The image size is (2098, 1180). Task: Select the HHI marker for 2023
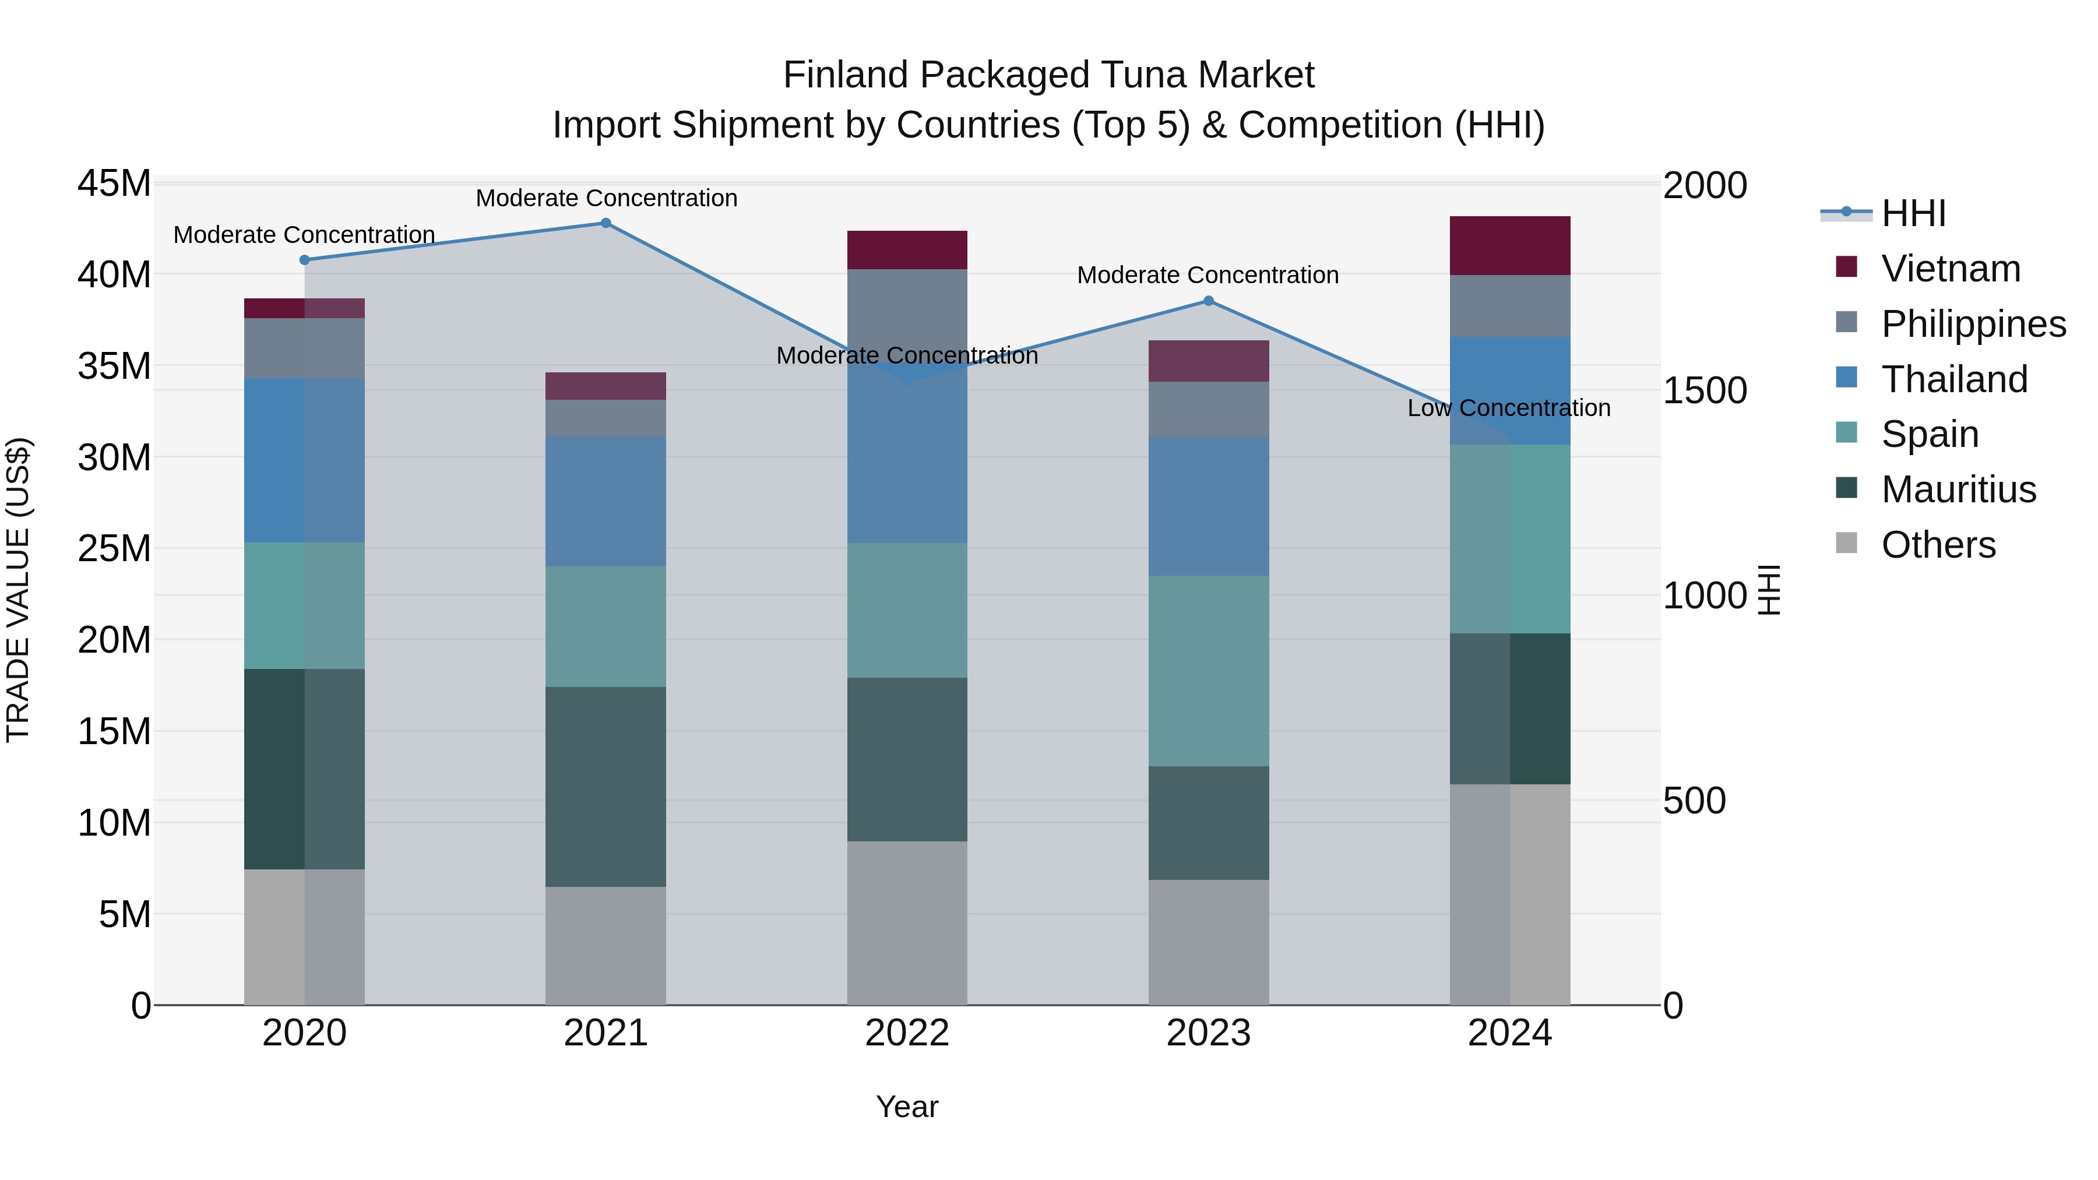(1209, 301)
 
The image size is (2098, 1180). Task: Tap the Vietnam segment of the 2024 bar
(1510, 246)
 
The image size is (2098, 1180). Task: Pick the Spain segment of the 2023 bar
(1209, 671)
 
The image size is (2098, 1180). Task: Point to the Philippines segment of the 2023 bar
(1209, 410)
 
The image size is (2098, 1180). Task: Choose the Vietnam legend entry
(1950, 269)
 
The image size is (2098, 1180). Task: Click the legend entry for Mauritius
(1958, 489)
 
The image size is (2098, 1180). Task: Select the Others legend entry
(1938, 545)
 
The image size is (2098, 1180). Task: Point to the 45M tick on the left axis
(114, 184)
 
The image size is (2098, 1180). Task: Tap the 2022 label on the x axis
(907, 1033)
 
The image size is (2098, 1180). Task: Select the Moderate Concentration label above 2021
(606, 198)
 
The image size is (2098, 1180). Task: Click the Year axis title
(907, 1107)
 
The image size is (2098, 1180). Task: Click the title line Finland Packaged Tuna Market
(1048, 75)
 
